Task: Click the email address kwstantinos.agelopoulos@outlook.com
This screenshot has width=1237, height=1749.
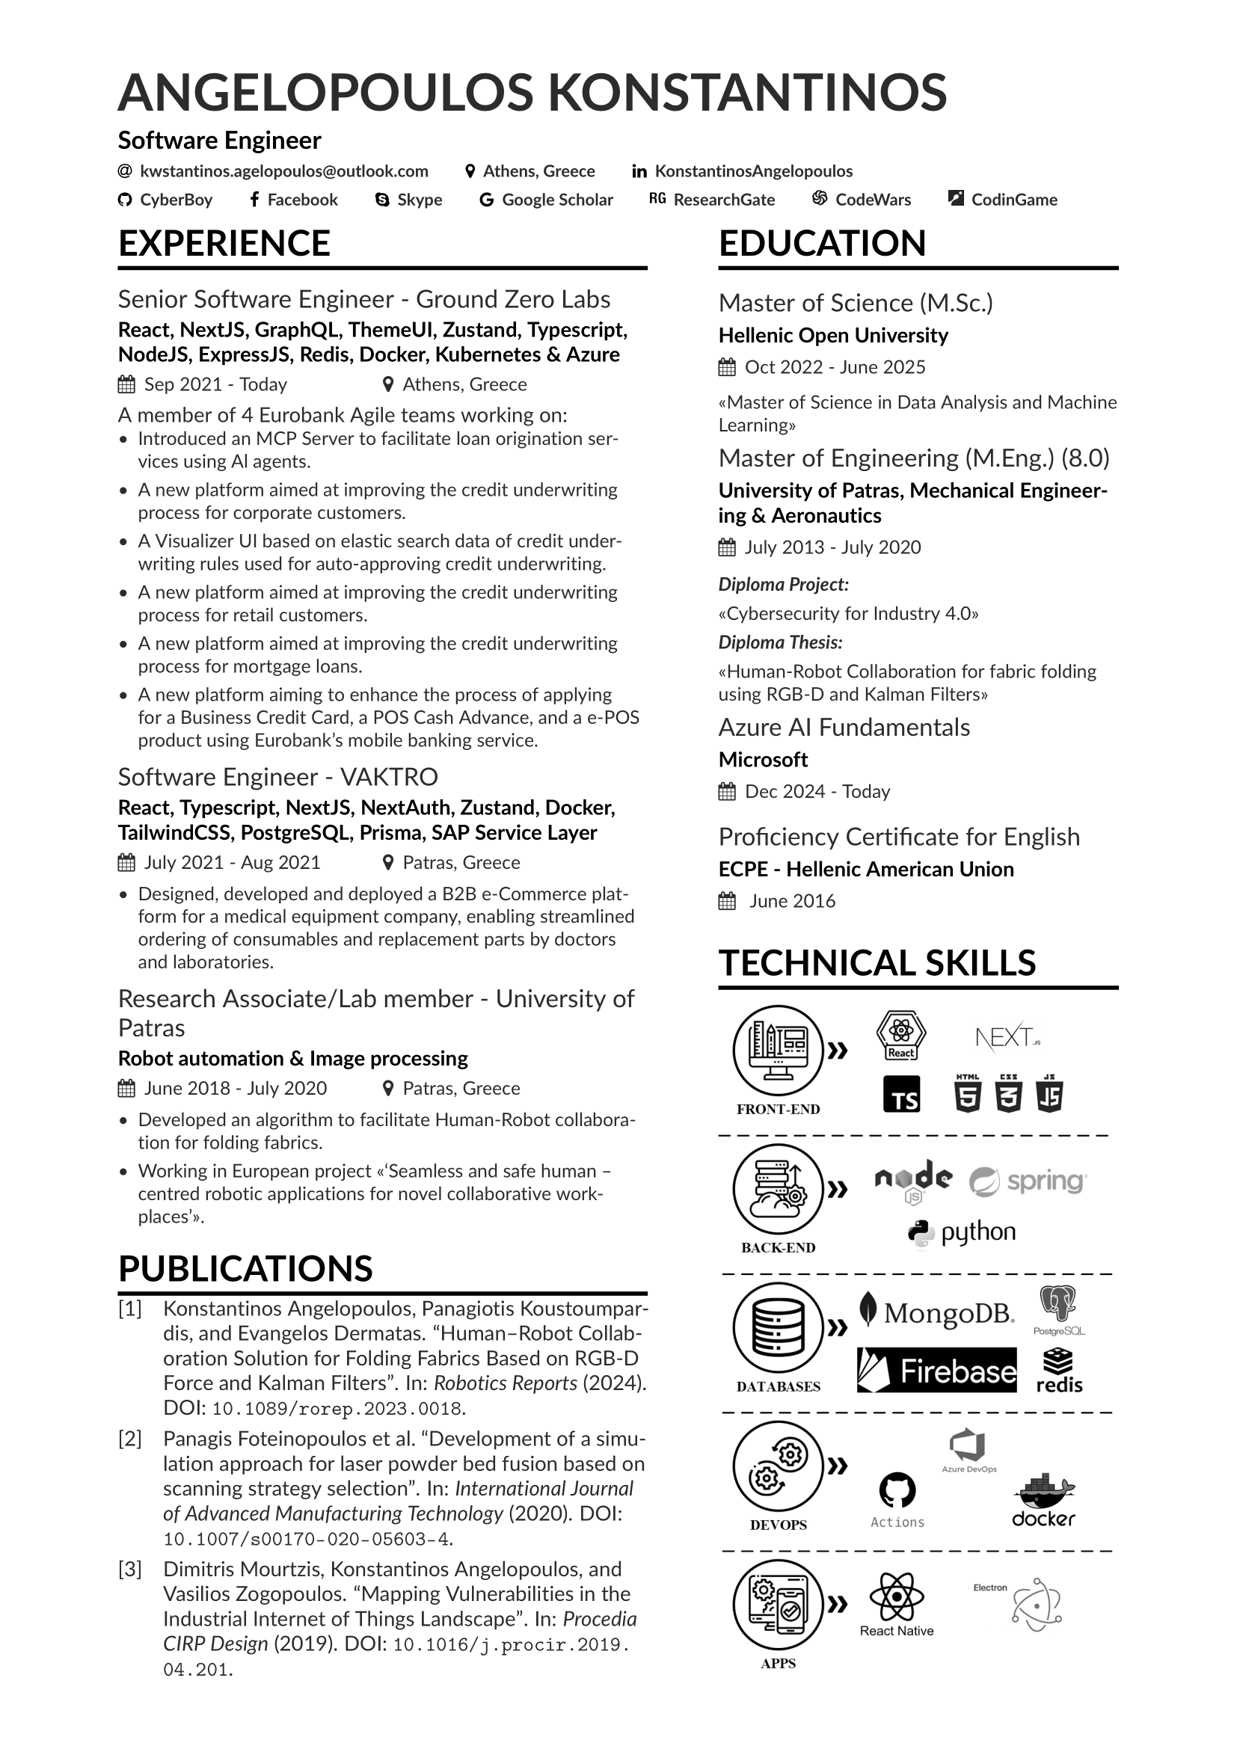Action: tap(283, 171)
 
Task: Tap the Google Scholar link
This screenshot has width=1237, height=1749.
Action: tap(557, 200)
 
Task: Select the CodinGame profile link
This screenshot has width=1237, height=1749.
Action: tap(1013, 200)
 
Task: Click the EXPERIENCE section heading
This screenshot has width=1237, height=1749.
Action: tap(224, 244)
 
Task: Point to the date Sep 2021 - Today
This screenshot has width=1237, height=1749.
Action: tap(215, 384)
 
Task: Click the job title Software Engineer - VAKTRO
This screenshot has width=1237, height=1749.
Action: tap(278, 777)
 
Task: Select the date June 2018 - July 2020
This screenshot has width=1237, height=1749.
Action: tap(236, 1089)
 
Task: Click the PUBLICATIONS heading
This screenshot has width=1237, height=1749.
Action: tap(245, 1269)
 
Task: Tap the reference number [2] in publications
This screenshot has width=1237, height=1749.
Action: tap(130, 1439)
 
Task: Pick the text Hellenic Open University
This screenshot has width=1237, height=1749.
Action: tap(833, 336)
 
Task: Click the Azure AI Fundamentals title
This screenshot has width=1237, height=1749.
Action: tap(844, 728)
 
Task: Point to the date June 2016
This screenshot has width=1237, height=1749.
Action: tap(792, 901)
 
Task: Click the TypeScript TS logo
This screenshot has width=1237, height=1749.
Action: tap(901, 1095)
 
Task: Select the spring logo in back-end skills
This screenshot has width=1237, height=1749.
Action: tap(1028, 1181)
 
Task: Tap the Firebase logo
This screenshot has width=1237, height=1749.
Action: tap(936, 1371)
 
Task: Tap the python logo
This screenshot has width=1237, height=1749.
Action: tap(962, 1232)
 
